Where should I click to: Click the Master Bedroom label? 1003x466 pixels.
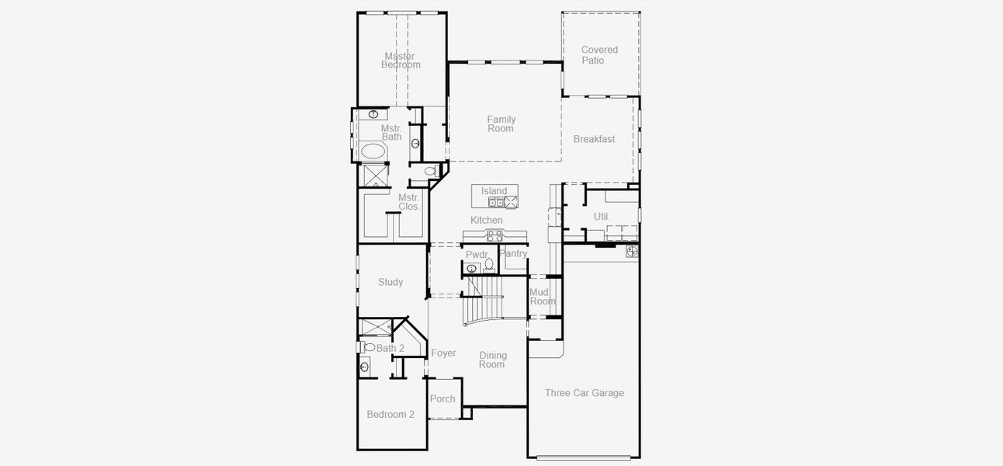tap(401, 61)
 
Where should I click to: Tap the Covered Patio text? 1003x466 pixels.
tap(599, 55)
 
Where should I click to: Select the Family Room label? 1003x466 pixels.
tap(501, 124)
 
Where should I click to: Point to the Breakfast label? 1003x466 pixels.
tap(594, 139)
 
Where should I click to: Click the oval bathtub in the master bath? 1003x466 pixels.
tap(372, 151)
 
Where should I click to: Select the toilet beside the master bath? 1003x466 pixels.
tap(430, 171)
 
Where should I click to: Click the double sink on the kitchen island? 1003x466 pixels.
tap(495, 203)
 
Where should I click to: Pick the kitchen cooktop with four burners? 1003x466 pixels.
tap(494, 235)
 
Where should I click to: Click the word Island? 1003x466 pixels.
tap(494, 191)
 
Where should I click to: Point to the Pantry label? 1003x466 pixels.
tap(513, 254)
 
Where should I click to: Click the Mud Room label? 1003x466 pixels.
tap(543, 297)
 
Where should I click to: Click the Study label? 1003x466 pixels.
tap(390, 283)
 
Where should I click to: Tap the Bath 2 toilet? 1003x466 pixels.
tap(367, 347)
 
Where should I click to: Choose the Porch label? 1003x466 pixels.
tap(442, 399)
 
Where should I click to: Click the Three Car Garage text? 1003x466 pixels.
tap(584, 393)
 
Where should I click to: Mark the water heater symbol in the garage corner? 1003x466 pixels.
tap(632, 251)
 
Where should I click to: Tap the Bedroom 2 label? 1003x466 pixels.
tap(390, 415)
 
